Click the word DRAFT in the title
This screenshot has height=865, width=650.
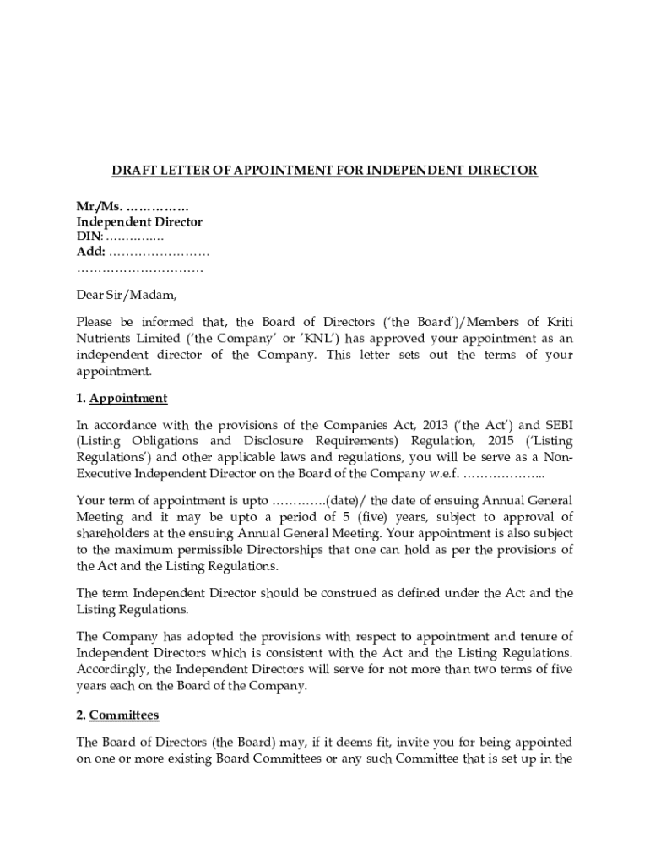pos(131,171)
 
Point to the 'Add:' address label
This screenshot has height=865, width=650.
pos(91,252)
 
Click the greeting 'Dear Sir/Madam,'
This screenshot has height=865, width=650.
pos(127,296)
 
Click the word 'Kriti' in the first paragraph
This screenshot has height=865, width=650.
pos(557,322)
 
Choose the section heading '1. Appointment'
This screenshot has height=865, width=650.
pos(122,398)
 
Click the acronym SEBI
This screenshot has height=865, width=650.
pos(557,424)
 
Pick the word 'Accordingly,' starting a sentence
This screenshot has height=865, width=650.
pos(114,669)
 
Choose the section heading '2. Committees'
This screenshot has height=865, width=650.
pos(117,715)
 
